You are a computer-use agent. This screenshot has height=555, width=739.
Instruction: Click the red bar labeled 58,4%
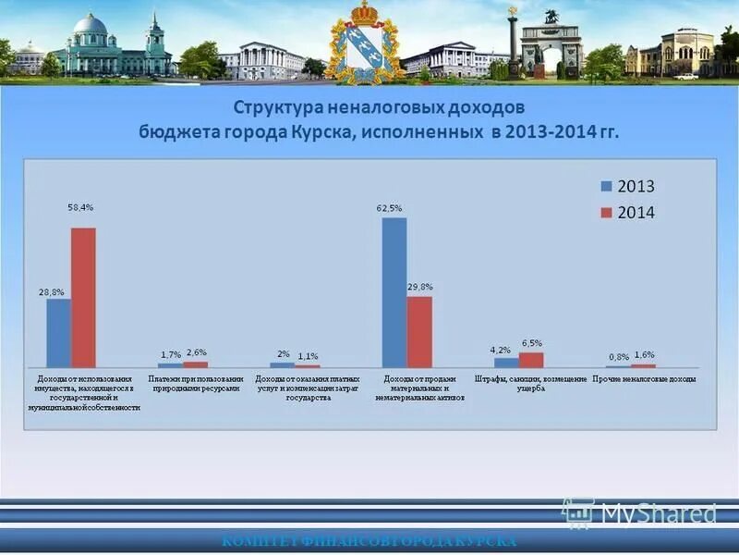(83, 298)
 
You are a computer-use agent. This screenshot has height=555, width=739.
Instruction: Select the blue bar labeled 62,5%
(394, 292)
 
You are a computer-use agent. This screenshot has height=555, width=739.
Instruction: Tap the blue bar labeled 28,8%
(59, 333)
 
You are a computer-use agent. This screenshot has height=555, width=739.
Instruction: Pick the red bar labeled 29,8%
(419, 332)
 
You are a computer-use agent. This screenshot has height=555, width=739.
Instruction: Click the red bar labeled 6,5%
(531, 360)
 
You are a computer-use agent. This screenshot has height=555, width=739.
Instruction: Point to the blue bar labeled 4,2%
(506, 363)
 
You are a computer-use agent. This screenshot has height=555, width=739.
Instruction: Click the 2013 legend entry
(628, 186)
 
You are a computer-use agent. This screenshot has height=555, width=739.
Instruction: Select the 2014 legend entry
(628, 213)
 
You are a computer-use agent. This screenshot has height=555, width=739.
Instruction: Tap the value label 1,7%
(171, 354)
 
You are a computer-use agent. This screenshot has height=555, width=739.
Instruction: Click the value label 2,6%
(196, 352)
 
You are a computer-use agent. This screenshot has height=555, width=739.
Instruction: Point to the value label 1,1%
(308, 355)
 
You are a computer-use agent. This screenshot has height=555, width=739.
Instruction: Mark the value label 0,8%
(619, 357)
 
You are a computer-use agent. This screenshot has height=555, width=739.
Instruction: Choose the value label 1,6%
(644, 354)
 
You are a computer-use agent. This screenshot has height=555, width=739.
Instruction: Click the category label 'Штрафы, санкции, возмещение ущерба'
(530, 384)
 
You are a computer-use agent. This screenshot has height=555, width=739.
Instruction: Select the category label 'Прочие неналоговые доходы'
(644, 379)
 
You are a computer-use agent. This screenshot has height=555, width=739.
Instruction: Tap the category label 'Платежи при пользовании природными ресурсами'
(196, 384)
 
